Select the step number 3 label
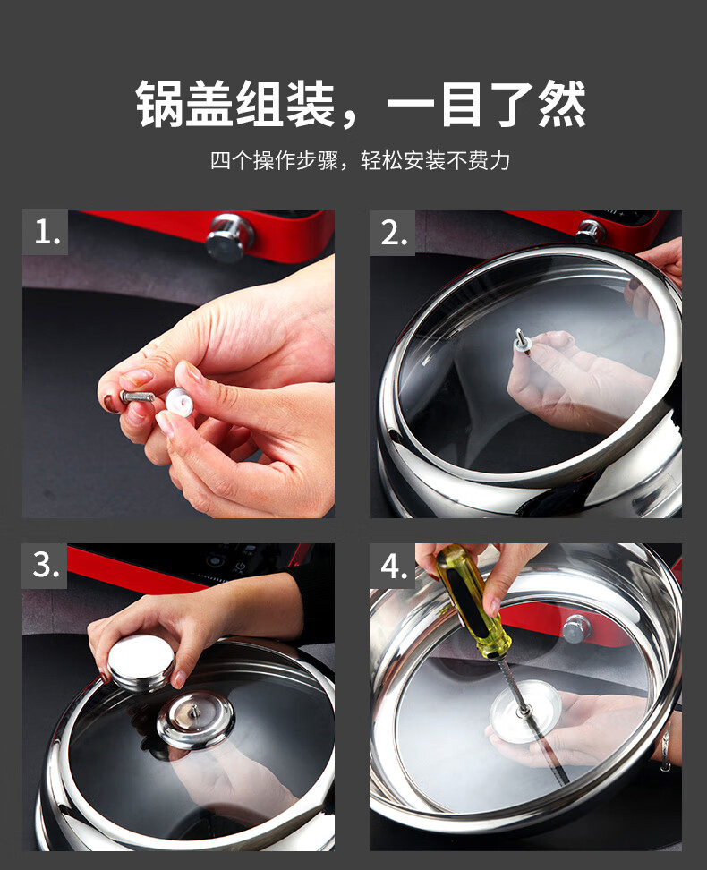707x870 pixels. pyautogui.click(x=45, y=566)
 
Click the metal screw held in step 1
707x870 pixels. pyautogui.click(x=137, y=397)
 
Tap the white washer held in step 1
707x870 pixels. pyautogui.click(x=179, y=402)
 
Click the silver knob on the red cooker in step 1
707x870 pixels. pyautogui.click(x=228, y=237)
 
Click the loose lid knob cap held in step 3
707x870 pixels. pyautogui.click(x=141, y=662)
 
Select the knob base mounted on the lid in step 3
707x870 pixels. pyautogui.click(x=196, y=719)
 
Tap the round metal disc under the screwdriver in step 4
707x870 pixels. pyautogui.click(x=525, y=711)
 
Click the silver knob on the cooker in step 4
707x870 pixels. pyautogui.click(x=576, y=628)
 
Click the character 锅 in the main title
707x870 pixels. pyautogui.click(x=160, y=104)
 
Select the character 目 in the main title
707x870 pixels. pyautogui.click(x=461, y=104)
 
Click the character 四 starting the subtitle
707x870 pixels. pyautogui.click(x=220, y=160)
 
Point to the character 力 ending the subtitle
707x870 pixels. pyautogui.click(x=500, y=160)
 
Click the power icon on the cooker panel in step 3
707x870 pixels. pyautogui.click(x=240, y=567)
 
